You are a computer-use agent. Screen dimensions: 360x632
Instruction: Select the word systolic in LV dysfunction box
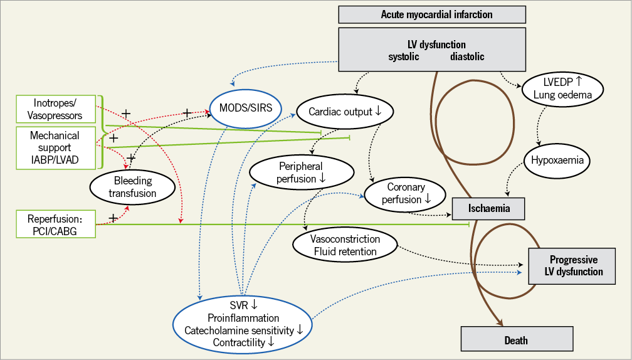click(x=404, y=57)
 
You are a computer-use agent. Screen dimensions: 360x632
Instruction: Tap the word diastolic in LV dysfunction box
click(x=467, y=57)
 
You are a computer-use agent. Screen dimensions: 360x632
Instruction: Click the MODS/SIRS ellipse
click(x=245, y=108)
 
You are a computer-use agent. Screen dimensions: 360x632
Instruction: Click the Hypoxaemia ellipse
click(x=557, y=160)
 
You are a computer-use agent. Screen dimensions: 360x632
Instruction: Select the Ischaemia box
click(x=488, y=207)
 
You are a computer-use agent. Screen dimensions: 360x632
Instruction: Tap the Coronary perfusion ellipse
click(x=406, y=193)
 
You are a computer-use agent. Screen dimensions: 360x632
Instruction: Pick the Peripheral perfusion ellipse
click(x=300, y=172)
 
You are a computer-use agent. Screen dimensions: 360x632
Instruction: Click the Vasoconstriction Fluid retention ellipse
click(x=345, y=245)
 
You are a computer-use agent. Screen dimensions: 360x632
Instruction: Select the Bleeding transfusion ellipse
click(x=132, y=187)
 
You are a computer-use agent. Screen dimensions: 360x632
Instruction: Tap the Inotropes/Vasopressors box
click(x=55, y=109)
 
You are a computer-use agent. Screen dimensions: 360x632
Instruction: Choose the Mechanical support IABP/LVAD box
click(x=55, y=147)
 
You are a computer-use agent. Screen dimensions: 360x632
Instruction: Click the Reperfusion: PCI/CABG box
click(x=55, y=224)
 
